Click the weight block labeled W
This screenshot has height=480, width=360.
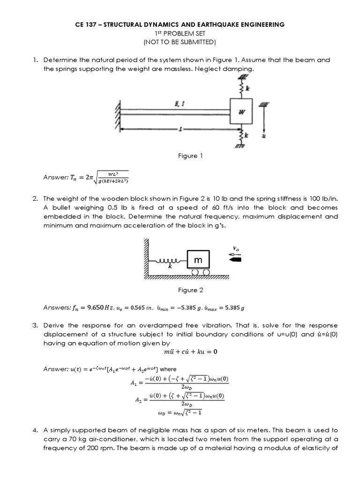click(x=240, y=111)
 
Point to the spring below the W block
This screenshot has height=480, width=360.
click(x=241, y=135)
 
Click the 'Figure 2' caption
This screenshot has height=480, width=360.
click(x=190, y=290)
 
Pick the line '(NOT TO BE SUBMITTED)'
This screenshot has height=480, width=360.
click(x=180, y=42)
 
